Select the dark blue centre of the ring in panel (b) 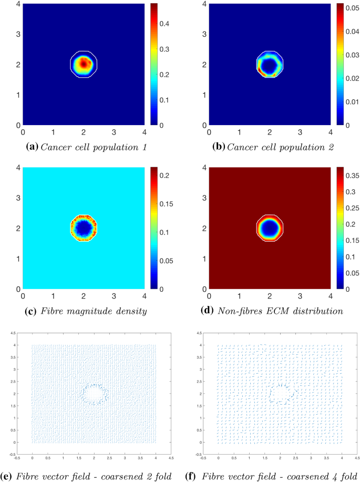(x=270, y=65)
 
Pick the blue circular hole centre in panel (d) (x=270, y=228)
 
